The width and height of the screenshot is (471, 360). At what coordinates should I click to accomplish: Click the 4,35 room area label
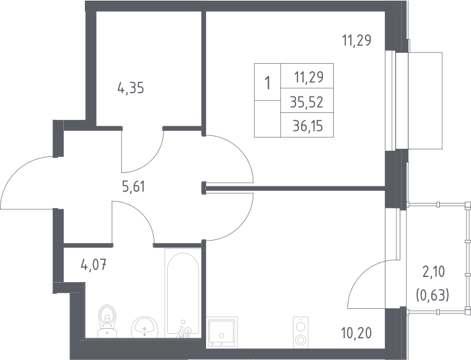(x=131, y=88)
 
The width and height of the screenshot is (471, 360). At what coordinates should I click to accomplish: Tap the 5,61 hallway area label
(x=133, y=187)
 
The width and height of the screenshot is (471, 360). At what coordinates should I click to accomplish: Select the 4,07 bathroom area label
(x=94, y=266)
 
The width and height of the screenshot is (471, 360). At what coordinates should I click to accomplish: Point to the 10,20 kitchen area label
(x=357, y=333)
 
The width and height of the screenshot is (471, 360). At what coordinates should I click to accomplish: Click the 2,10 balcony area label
(x=433, y=273)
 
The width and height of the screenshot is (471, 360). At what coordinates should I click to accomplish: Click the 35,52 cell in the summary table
(x=307, y=103)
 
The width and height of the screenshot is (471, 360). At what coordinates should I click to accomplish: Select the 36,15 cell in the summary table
(x=308, y=126)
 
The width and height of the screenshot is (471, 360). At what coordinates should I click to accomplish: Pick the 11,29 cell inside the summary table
(x=309, y=77)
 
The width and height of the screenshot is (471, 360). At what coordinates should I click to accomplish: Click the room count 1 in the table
(x=267, y=82)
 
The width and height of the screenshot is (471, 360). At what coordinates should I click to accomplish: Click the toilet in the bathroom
(x=107, y=321)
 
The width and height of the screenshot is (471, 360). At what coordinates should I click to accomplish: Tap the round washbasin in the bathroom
(x=145, y=327)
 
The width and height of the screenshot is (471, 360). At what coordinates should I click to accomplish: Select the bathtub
(x=183, y=293)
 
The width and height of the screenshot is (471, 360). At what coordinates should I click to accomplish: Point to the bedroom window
(x=391, y=100)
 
